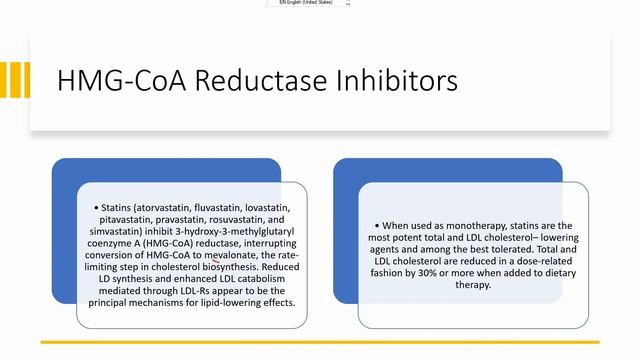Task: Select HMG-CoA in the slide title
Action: tap(118, 80)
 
